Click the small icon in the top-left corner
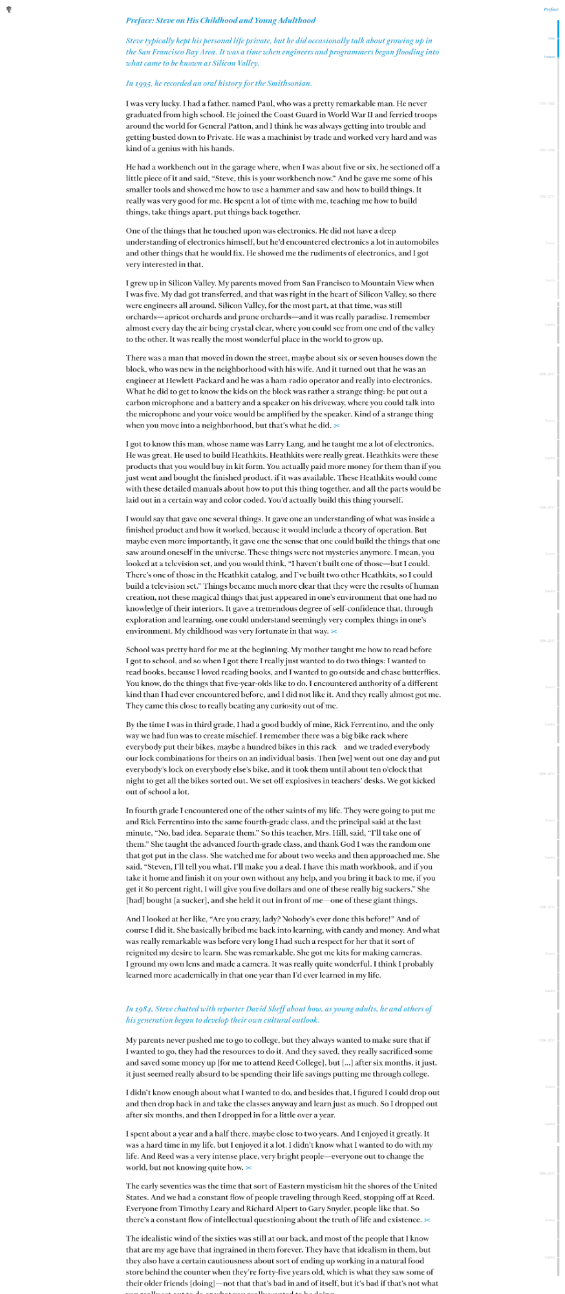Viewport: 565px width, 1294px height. (x=8, y=10)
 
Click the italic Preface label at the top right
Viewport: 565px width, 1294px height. (x=551, y=10)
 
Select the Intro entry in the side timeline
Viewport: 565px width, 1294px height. (x=551, y=39)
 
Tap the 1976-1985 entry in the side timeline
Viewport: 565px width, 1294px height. (x=547, y=104)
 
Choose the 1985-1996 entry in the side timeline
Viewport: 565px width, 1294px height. (x=547, y=150)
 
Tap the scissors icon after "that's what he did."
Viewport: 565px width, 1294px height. (x=337, y=426)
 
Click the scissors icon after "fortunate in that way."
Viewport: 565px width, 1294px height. (x=334, y=631)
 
